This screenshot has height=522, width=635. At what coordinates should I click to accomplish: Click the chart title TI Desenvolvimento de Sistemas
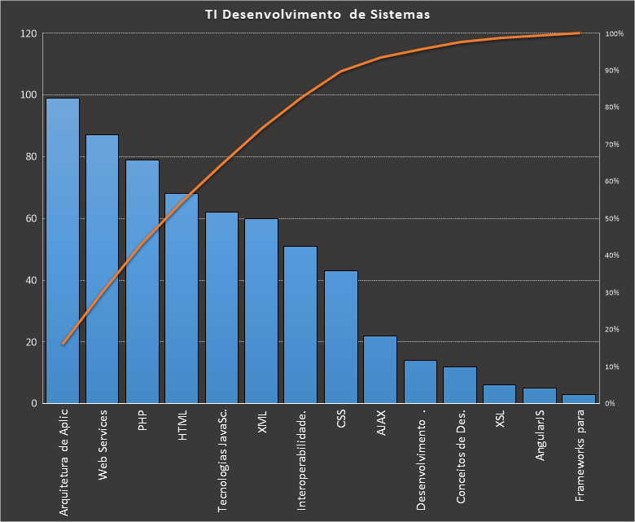click(317, 14)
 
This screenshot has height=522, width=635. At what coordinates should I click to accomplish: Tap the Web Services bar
click(103, 269)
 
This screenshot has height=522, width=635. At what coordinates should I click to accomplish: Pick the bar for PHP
click(142, 281)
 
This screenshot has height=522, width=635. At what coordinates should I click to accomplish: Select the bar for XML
click(261, 310)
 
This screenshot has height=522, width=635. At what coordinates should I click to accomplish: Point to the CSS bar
click(341, 337)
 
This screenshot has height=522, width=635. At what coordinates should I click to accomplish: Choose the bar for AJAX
click(381, 370)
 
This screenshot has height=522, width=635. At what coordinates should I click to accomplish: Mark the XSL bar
click(499, 394)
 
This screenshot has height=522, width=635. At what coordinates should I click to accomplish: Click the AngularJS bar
click(540, 396)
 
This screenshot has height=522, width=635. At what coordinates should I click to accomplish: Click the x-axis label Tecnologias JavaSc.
click(222, 463)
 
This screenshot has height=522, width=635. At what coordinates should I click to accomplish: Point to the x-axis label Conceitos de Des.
click(461, 459)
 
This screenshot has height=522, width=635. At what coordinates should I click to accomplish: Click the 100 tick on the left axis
click(28, 95)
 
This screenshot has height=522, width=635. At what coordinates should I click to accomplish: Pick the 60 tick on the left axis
click(31, 219)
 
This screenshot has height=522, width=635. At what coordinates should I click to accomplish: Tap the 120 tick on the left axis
click(28, 33)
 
